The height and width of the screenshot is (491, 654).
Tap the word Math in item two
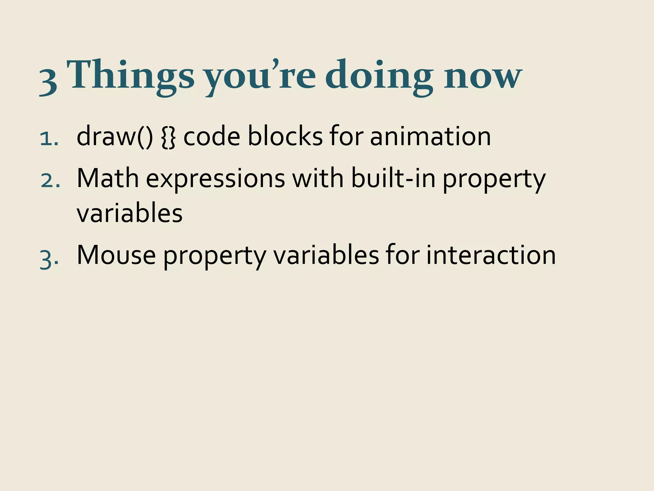pyautogui.click(x=108, y=178)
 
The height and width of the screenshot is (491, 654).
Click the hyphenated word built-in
pyautogui.click(x=393, y=178)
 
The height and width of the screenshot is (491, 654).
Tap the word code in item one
pyautogui.click(x=212, y=136)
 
